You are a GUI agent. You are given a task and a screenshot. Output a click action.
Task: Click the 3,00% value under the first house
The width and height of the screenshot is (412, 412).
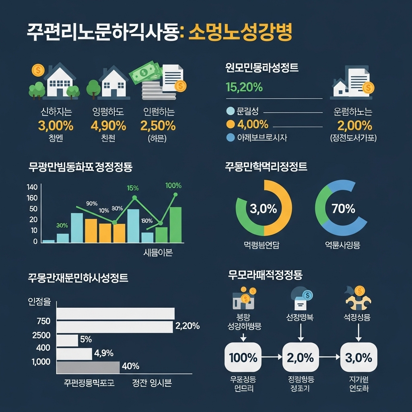pyautogui.click(x=56, y=126)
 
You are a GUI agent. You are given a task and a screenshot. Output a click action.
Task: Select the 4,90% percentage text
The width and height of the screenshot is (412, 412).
pyautogui.click(x=108, y=126)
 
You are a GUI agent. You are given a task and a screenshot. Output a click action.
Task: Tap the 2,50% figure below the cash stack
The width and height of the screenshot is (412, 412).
pyautogui.click(x=158, y=126)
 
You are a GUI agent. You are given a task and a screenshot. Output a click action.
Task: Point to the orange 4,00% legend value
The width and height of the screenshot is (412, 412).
pyautogui.click(x=253, y=124)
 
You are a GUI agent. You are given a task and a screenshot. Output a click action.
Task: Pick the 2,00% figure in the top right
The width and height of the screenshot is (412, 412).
pyautogui.click(x=355, y=126)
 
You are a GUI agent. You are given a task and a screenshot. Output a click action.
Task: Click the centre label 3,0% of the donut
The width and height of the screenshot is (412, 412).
pyautogui.click(x=264, y=209)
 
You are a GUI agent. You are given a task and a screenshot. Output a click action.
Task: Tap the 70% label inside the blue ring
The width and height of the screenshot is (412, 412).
pyautogui.click(x=343, y=209)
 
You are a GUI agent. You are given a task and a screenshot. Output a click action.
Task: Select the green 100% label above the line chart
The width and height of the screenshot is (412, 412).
pyautogui.click(x=173, y=186)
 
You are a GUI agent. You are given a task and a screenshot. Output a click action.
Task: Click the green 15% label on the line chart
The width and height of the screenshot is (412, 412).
pyautogui.click(x=133, y=188)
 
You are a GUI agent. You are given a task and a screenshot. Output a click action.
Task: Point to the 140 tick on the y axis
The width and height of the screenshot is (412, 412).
pyautogui.click(x=32, y=187)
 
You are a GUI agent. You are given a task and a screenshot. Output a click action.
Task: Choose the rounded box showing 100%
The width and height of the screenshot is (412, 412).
pyautogui.click(x=243, y=357)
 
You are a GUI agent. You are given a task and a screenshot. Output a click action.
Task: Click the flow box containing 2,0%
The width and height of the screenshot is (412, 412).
pyautogui.click(x=301, y=357)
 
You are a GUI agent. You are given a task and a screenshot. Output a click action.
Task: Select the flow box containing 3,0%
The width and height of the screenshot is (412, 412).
pyautogui.click(x=358, y=357)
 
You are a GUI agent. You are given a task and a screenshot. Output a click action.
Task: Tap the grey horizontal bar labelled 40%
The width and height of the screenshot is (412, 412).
pyautogui.click(x=88, y=367)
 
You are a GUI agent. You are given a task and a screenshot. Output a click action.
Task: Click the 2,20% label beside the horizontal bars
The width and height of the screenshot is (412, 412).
pyautogui.click(x=187, y=326)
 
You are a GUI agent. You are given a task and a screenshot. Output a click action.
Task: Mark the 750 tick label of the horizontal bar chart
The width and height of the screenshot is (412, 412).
pyautogui.click(x=43, y=321)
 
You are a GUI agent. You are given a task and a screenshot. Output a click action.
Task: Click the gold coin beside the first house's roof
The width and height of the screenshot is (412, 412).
pyautogui.click(x=38, y=70)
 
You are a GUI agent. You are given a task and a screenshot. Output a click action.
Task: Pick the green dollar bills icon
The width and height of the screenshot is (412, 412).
pyautogui.click(x=145, y=72)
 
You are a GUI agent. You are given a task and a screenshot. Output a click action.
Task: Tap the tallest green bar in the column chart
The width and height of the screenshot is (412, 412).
pyautogui.click(x=175, y=225)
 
